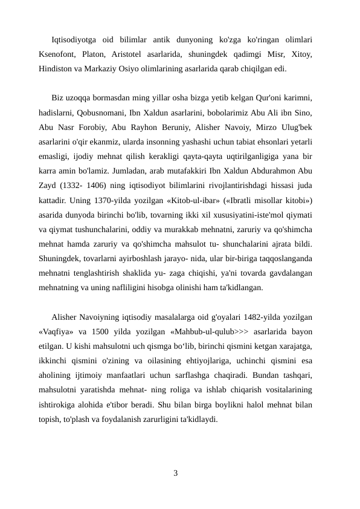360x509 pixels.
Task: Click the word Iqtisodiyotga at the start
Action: (75, 40)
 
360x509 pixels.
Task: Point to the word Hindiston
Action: (55, 69)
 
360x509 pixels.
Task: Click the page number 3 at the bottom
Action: (175, 472)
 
